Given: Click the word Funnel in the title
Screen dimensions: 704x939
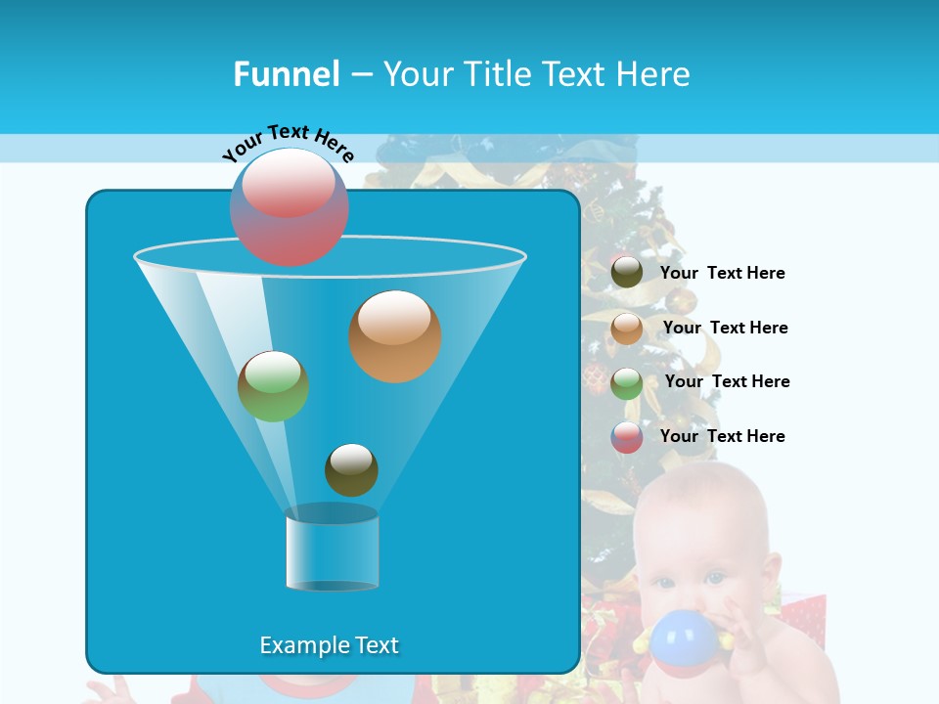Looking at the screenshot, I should pyautogui.click(x=287, y=74).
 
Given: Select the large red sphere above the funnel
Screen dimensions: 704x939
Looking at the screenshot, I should pyautogui.click(x=290, y=207).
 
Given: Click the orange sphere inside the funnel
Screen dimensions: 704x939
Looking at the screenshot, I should pyautogui.click(x=395, y=336).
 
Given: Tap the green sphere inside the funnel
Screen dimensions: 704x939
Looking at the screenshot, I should pyautogui.click(x=273, y=386).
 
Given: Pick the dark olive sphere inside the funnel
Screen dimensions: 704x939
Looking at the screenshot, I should pyautogui.click(x=351, y=469).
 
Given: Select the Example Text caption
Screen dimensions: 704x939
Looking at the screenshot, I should pyautogui.click(x=329, y=645).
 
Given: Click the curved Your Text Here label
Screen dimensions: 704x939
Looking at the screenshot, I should pyautogui.click(x=288, y=141).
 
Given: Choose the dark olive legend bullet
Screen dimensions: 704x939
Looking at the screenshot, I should pyautogui.click(x=627, y=273).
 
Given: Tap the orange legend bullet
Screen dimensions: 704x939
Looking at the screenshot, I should pyautogui.click(x=627, y=329).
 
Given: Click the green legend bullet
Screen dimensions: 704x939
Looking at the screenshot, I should pyautogui.click(x=627, y=382).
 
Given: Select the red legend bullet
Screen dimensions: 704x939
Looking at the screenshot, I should pyautogui.click(x=627, y=437).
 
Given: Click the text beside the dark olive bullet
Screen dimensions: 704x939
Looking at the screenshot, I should pyautogui.click(x=722, y=274).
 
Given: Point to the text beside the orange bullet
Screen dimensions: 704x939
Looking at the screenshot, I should pyautogui.click(x=725, y=329).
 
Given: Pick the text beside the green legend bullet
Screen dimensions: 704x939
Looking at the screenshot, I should pyautogui.click(x=727, y=382).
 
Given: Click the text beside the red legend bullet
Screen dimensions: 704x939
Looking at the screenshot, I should pyautogui.click(x=722, y=437).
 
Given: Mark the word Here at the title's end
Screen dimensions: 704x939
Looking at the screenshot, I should pyautogui.click(x=654, y=74).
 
